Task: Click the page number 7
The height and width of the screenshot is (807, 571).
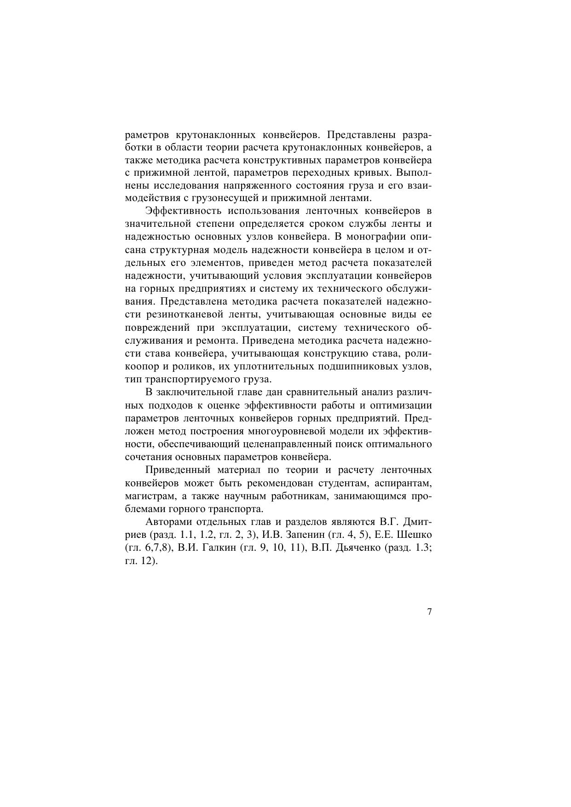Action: coord(429,612)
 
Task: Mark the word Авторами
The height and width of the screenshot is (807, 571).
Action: coord(168,522)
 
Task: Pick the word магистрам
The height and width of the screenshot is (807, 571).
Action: coord(150,496)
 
